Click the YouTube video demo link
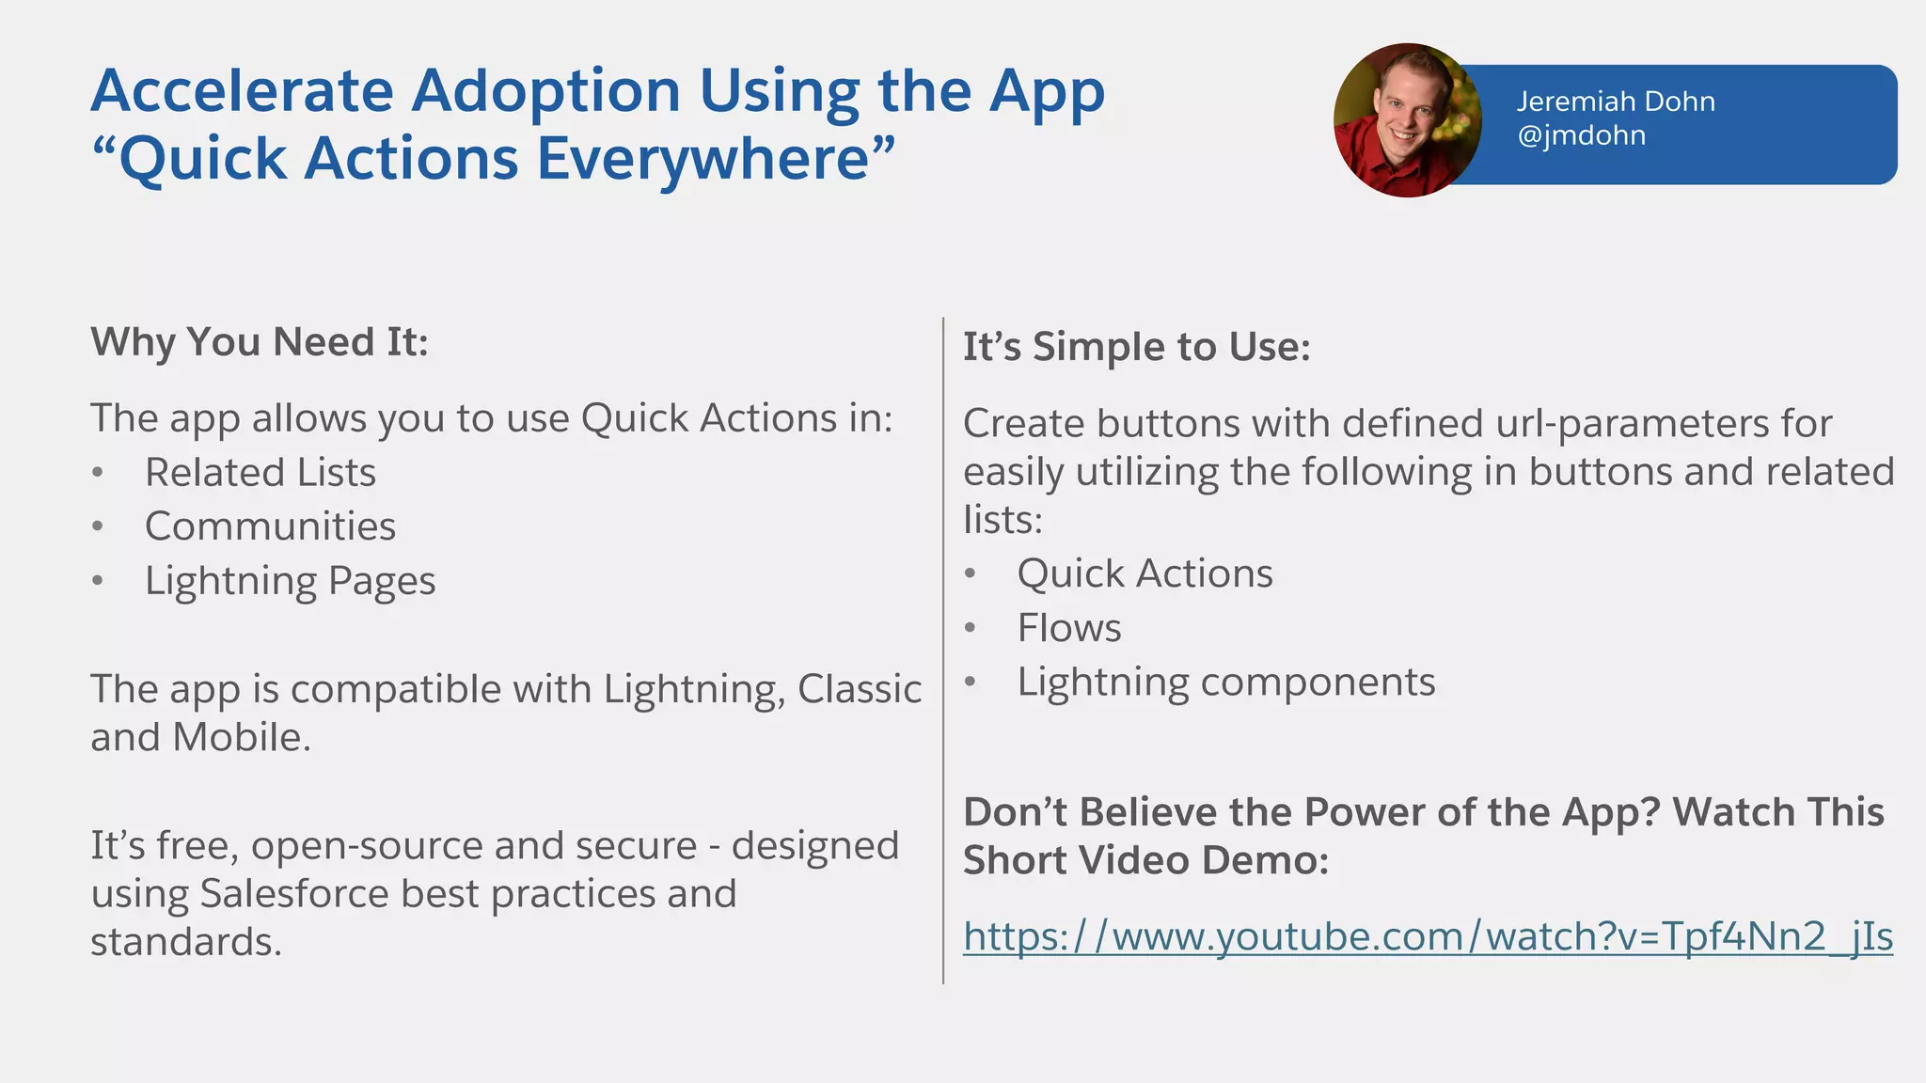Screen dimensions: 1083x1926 tap(1427, 937)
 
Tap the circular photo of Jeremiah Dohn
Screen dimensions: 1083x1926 tap(1407, 120)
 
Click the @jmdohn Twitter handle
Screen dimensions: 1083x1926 tap(1581, 135)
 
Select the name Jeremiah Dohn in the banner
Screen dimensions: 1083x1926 tap(1615, 102)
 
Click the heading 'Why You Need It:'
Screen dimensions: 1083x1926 tap(260, 342)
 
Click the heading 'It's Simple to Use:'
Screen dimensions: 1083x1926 tap(1136, 347)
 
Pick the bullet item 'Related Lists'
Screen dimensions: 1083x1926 tap(260, 472)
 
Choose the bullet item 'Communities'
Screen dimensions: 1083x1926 tap(270, 526)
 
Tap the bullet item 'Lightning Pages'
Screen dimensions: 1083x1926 tap(290, 581)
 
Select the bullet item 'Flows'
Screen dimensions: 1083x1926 tap(1069, 628)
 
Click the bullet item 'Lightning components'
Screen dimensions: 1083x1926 tap(1225, 683)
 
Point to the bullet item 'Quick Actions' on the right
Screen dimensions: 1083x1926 tap(1145, 573)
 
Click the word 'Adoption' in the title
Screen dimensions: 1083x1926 tap(546, 92)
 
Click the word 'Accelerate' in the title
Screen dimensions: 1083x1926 tap(242, 92)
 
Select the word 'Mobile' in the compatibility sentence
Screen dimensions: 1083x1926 tap(240, 738)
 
